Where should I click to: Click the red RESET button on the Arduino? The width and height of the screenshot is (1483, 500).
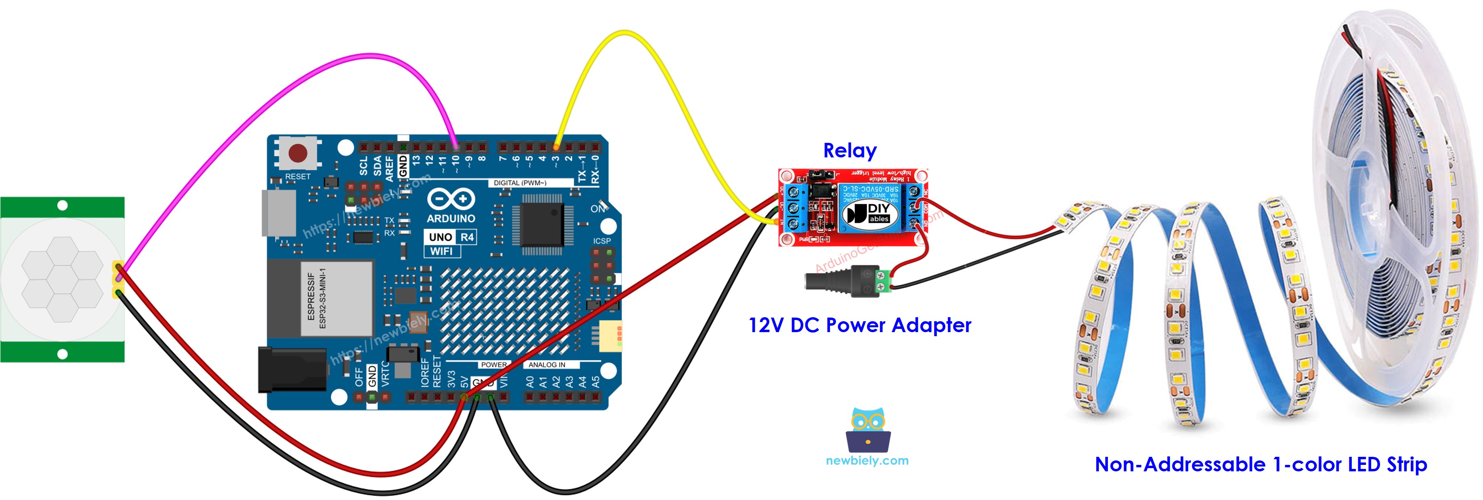(297, 153)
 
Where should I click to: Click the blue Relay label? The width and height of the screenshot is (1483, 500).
(849, 151)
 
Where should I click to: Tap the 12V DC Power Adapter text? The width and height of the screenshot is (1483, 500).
(859, 325)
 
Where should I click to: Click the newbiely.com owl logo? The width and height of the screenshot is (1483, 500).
(868, 430)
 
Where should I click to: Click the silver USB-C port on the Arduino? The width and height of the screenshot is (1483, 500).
(279, 213)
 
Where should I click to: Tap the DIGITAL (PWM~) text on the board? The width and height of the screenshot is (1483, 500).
(519, 183)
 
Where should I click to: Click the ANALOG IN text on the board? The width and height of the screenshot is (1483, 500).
(546, 365)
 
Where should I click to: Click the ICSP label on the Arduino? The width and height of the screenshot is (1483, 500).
(602, 241)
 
